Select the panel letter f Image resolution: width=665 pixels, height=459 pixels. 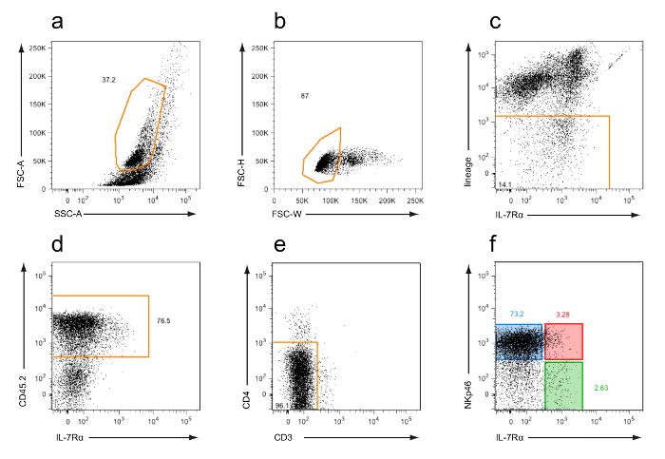(x=496, y=250)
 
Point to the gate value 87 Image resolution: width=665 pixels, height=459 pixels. (x=304, y=97)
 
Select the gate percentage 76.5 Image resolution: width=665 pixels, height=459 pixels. (x=163, y=322)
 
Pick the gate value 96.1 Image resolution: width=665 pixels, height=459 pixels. (x=282, y=407)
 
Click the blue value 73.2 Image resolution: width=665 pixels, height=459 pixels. (x=517, y=314)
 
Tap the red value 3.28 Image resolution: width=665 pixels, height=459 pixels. (x=563, y=314)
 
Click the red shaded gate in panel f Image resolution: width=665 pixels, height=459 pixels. (x=563, y=341)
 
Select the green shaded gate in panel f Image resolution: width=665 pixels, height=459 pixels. (x=563, y=387)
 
